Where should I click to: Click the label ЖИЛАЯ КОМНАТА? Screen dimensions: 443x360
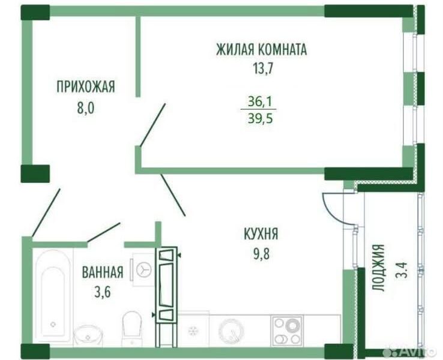click(261, 50)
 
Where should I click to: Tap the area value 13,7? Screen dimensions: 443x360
click(264, 68)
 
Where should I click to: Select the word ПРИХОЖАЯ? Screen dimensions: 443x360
click(86, 86)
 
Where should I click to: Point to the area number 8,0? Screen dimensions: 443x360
click(86, 107)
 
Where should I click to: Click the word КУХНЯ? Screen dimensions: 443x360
click(261, 234)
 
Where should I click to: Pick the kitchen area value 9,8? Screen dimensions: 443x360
click(261, 254)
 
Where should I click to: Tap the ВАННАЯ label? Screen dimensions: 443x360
click(103, 272)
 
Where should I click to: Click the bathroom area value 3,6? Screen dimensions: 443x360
click(102, 292)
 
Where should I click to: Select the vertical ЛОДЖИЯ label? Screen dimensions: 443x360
click(378, 268)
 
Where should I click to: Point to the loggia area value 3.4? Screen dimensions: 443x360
click(401, 270)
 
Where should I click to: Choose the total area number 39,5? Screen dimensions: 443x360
click(260, 119)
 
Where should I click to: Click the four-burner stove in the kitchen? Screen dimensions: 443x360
click(287, 331)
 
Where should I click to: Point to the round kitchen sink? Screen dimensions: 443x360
click(231, 331)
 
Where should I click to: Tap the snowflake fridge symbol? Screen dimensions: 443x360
click(193, 330)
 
